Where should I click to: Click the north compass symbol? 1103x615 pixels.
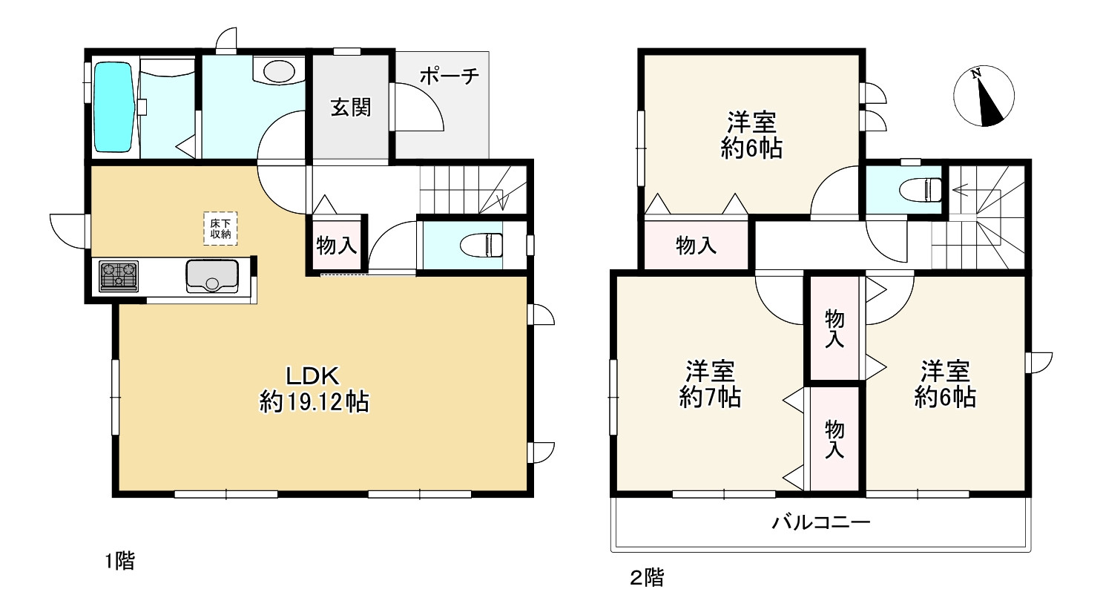[983, 96]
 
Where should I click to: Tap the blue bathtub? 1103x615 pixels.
[113, 108]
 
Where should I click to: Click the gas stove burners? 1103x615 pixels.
[119, 275]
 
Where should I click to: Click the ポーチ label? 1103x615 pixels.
[450, 76]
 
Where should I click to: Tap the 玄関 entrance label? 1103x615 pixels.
[350, 108]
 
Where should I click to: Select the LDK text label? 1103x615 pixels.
[314, 375]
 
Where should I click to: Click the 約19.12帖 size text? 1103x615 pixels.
[314, 402]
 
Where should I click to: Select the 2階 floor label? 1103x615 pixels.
[647, 578]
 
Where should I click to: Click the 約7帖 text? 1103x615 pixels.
[710, 398]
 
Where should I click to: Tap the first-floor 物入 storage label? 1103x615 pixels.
[337, 245]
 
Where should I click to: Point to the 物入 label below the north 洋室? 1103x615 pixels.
[696, 246]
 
